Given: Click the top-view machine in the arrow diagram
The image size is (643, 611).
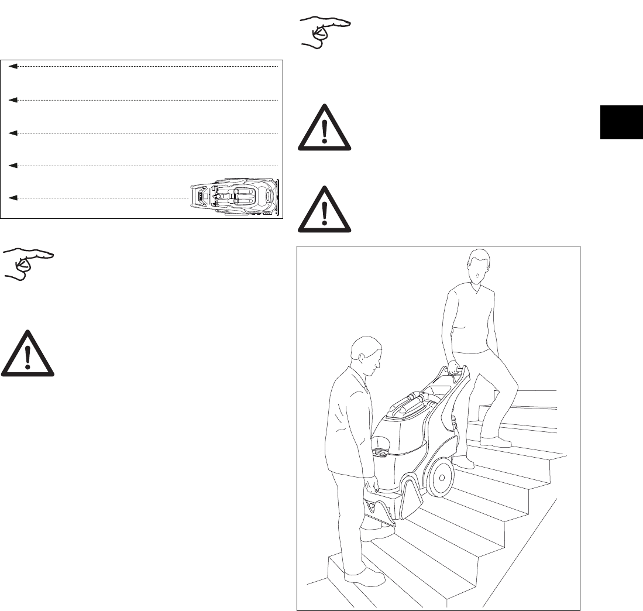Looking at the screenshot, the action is click(x=236, y=197).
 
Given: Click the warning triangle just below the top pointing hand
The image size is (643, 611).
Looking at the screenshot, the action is click(x=325, y=129).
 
